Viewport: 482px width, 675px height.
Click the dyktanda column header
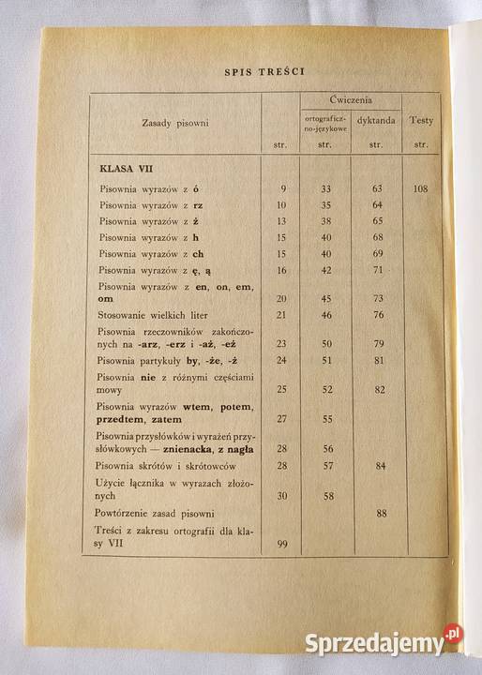point(376,121)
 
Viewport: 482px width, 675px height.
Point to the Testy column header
point(420,122)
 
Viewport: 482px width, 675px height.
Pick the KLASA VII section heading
point(127,169)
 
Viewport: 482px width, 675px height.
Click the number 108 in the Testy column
point(420,188)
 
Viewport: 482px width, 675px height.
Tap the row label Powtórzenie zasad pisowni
point(157,514)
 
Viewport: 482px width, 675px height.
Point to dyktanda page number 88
point(381,513)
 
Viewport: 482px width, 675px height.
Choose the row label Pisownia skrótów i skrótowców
point(167,466)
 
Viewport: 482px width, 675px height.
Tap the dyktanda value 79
point(378,344)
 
